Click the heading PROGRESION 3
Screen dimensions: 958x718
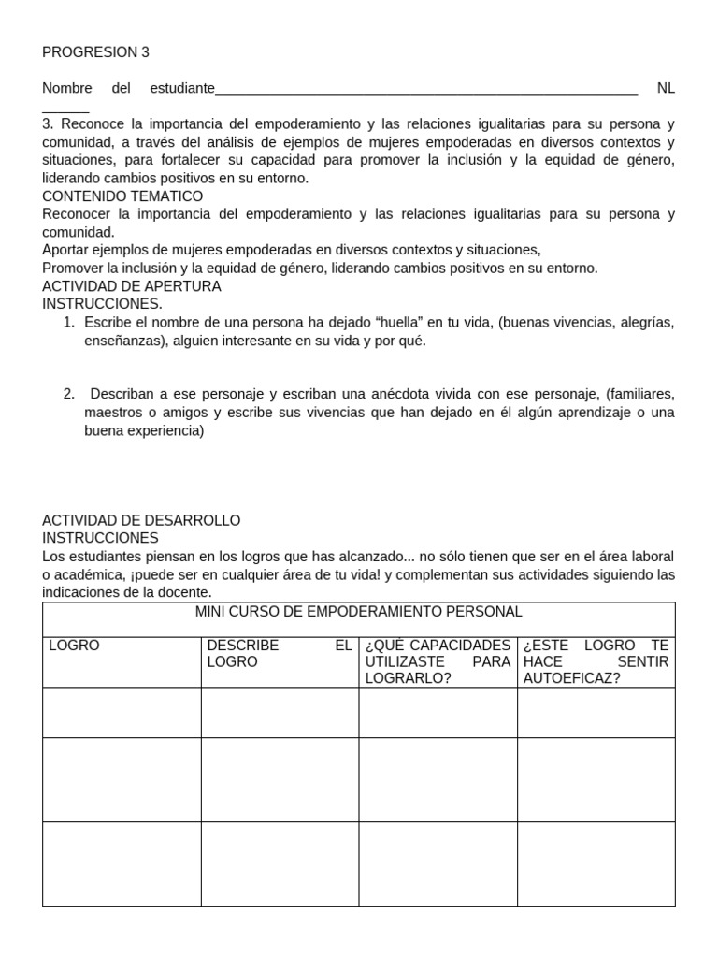(x=95, y=52)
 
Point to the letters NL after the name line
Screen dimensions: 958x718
(x=665, y=89)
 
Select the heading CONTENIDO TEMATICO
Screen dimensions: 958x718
(x=122, y=196)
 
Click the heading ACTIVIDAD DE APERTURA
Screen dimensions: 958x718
(x=132, y=286)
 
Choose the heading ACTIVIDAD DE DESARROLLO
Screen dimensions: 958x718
(x=141, y=520)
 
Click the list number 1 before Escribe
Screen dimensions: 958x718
(x=68, y=323)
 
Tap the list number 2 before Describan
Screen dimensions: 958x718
(x=68, y=394)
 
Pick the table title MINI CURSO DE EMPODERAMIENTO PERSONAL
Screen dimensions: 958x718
(x=358, y=612)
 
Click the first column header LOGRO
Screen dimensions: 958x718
(x=74, y=646)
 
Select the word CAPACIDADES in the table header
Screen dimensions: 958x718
(x=457, y=646)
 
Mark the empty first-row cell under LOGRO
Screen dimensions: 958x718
(x=122, y=713)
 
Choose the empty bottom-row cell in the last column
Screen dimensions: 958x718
(x=596, y=864)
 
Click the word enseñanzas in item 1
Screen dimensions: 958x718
(x=122, y=341)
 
